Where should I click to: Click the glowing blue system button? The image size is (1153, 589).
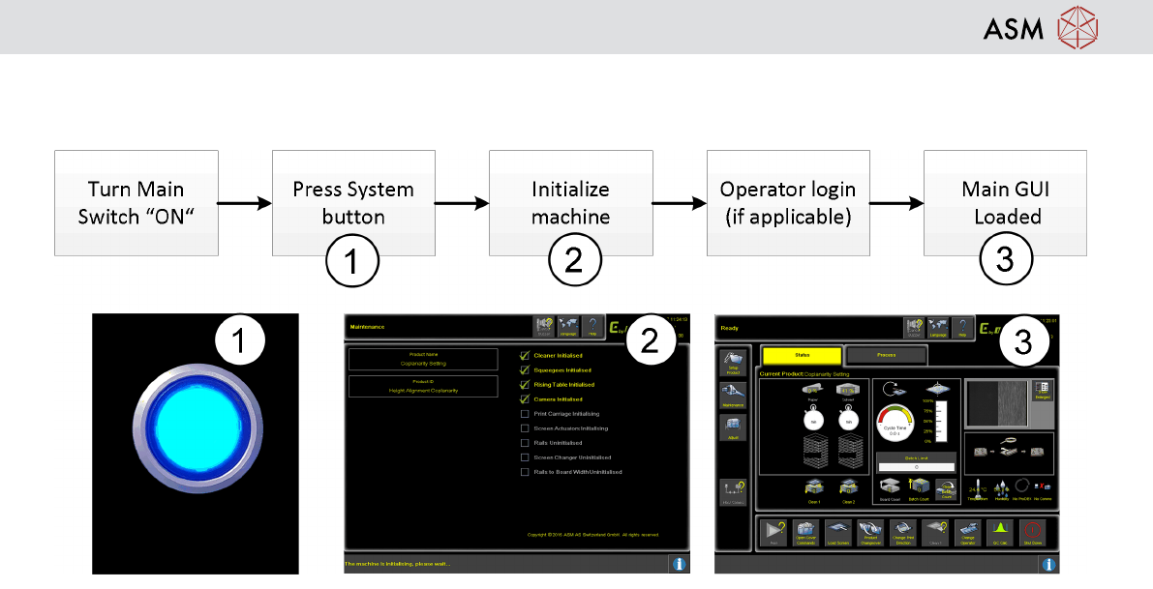pyautogui.click(x=196, y=445)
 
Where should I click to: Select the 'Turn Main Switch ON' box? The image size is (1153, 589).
pyautogui.click(x=136, y=202)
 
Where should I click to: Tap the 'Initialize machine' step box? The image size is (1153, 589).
pyautogui.click(x=570, y=202)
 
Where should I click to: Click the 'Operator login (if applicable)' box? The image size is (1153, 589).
pyautogui.click(x=788, y=202)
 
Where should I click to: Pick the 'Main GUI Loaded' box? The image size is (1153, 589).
pyautogui.click(x=1006, y=202)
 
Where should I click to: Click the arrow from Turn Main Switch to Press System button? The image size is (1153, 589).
pyautogui.click(x=245, y=203)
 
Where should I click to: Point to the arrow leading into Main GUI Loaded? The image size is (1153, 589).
pyautogui.click(x=896, y=203)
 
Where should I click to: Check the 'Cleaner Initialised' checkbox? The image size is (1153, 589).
pyautogui.click(x=526, y=355)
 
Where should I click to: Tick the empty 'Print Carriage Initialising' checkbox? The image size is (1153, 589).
pyautogui.click(x=526, y=413)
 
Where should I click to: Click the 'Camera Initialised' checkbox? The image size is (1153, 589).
pyautogui.click(x=526, y=398)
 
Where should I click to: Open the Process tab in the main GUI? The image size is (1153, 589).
pyautogui.click(x=886, y=355)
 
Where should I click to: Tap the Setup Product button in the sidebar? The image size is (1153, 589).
pyautogui.click(x=733, y=362)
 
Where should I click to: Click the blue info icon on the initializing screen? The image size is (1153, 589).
pyautogui.click(x=679, y=563)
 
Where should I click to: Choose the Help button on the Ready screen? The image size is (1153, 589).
pyautogui.click(x=961, y=328)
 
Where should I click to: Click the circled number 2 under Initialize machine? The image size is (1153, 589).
pyautogui.click(x=574, y=261)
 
